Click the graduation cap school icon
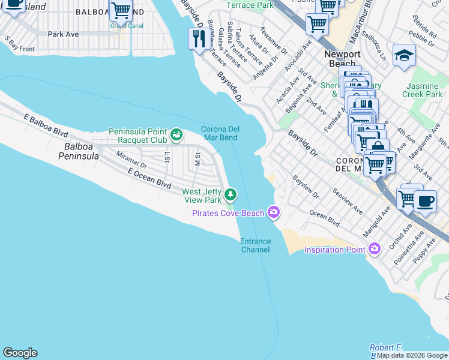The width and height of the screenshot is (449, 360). point(404,56)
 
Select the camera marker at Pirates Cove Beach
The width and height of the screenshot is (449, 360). point(274,212)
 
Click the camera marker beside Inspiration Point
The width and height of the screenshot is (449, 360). point(375,248)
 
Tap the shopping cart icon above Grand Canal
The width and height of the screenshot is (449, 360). point(121,10)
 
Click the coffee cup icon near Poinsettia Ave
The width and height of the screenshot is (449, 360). point(425,202)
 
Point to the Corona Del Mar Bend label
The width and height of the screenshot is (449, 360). point(220,133)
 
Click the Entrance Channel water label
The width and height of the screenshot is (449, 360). point(256,245)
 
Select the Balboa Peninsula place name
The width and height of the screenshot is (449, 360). point(78,151)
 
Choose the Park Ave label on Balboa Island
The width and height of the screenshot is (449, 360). point(63,34)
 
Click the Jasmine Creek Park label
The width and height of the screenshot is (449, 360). point(422,90)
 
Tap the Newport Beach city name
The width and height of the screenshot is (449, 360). point(342,59)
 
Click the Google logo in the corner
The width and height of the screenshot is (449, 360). point(20,353)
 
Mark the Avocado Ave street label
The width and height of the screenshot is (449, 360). point(298,54)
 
